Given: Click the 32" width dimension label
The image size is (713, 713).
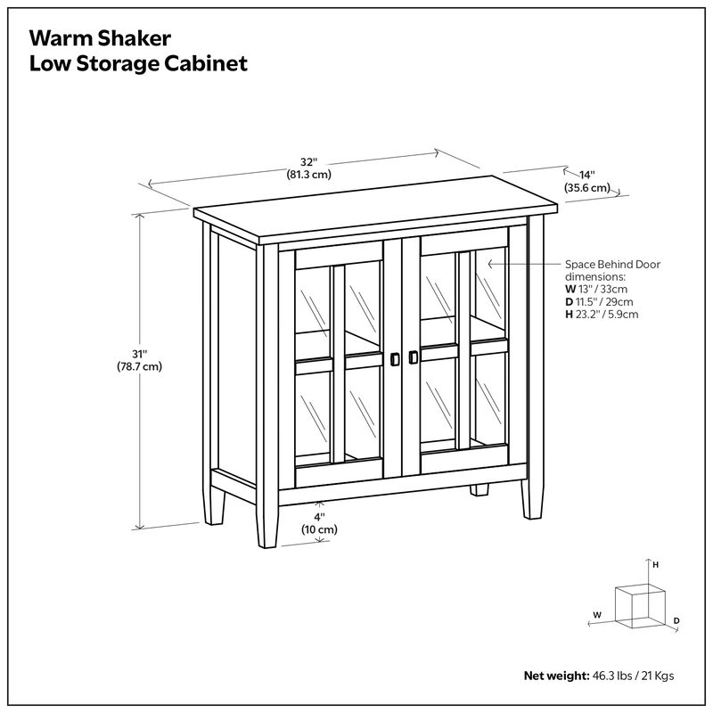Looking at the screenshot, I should click(x=308, y=162).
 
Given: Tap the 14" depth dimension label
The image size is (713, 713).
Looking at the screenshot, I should click(x=586, y=176).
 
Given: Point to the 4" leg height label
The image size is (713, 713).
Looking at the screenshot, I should click(x=318, y=517).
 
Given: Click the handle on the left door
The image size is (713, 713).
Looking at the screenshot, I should click(x=394, y=358).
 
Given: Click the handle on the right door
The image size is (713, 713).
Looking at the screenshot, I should click(x=413, y=357).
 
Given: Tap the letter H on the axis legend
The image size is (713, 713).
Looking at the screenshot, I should click(x=655, y=565).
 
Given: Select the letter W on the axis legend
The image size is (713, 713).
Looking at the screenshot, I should click(x=596, y=615).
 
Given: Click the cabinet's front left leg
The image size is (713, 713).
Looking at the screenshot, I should click(x=266, y=526).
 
